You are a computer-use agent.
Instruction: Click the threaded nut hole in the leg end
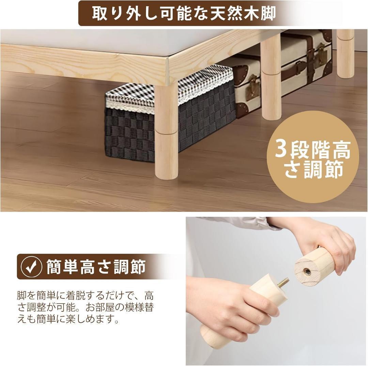(x=307, y=271)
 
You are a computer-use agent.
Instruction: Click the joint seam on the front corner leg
(x=166, y=131)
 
